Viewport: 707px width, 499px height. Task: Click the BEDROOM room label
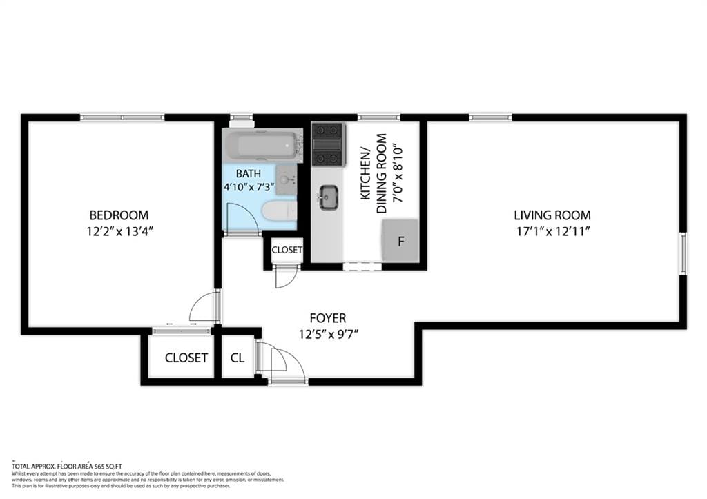click(x=118, y=215)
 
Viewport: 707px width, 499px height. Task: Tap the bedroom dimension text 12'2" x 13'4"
click(x=118, y=231)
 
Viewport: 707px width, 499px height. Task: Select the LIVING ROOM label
click(x=552, y=215)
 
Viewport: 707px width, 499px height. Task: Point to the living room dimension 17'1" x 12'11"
click(x=552, y=231)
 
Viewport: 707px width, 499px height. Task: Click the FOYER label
click(x=327, y=318)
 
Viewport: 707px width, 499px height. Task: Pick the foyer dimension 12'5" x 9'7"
click(x=328, y=334)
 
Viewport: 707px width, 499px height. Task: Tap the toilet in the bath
click(x=280, y=210)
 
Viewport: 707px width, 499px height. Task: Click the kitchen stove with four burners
click(x=327, y=144)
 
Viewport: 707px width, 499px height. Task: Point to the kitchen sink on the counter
click(x=328, y=197)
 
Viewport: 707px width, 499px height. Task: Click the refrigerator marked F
click(x=400, y=241)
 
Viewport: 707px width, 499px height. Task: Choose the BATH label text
click(x=248, y=174)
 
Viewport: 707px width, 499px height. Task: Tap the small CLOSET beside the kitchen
click(x=287, y=250)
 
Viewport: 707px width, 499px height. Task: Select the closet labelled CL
click(x=238, y=358)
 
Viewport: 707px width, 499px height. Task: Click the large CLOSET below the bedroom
click(x=186, y=358)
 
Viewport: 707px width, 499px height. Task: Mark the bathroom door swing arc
click(x=244, y=217)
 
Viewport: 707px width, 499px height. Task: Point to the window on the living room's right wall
click(x=683, y=253)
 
